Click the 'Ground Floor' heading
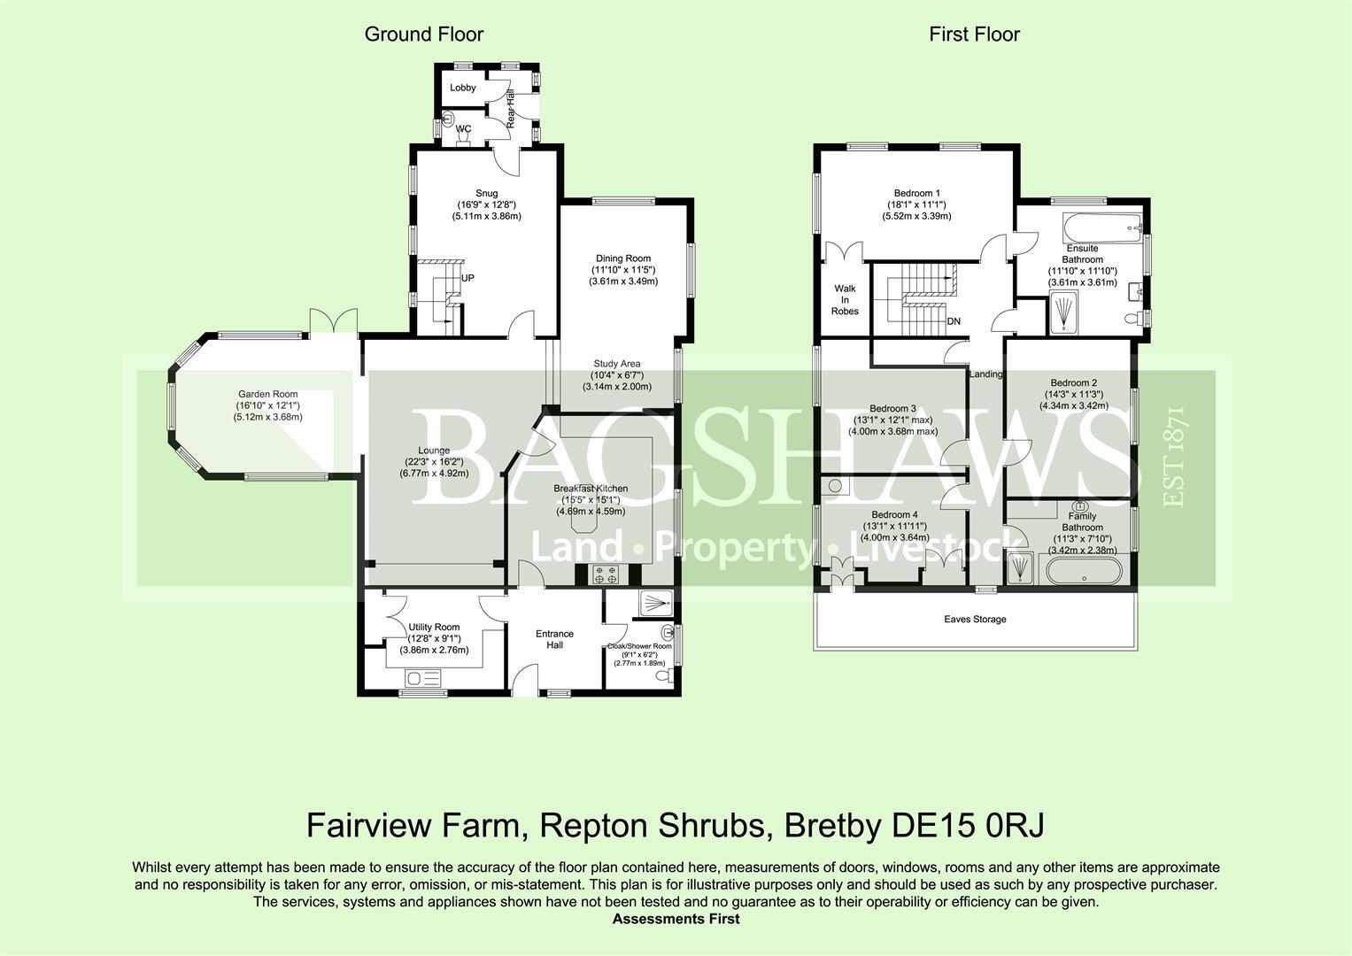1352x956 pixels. coord(424,35)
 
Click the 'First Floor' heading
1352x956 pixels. coord(974,35)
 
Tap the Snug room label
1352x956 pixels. coord(486,193)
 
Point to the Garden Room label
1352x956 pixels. coord(267,395)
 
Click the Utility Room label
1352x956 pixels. coord(434,627)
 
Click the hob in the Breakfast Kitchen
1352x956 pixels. coord(606,574)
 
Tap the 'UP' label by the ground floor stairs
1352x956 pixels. coord(467,278)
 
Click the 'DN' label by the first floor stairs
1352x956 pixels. coord(954,321)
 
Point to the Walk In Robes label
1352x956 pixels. coord(845,299)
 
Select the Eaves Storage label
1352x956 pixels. coord(975,620)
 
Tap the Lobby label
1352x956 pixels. coord(462,88)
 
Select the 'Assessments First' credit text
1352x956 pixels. coord(676,919)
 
